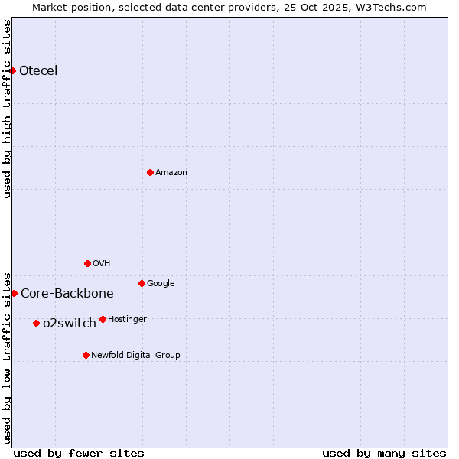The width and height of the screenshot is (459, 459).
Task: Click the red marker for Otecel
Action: coord(12,70)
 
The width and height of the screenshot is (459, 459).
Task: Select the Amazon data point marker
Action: coord(150,172)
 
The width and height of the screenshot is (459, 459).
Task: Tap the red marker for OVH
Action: coord(87,263)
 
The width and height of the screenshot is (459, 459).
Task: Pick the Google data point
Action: coord(142,283)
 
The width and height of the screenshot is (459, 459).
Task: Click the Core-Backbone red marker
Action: coord(14,293)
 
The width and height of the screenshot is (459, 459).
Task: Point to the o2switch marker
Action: coord(36,323)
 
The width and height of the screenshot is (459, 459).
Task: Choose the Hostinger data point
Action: coord(103,319)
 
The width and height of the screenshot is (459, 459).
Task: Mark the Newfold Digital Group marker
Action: coord(86,355)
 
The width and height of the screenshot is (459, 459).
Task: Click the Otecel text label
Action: coord(38,71)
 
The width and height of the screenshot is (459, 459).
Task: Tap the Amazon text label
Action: coord(171,173)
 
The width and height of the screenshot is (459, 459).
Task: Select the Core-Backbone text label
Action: coord(67,294)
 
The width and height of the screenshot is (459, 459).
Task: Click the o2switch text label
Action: coord(70,324)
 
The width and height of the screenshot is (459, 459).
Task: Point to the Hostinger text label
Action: coord(127,320)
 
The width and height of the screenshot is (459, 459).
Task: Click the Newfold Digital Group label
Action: coord(135,356)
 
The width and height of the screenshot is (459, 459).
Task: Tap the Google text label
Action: coord(161,284)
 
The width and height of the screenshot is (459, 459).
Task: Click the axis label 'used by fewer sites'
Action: coord(79,453)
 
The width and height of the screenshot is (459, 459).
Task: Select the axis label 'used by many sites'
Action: coord(384,453)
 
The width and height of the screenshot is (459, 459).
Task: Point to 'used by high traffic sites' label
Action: coord(8,109)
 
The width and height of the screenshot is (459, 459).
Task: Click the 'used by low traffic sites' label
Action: coord(8,357)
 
